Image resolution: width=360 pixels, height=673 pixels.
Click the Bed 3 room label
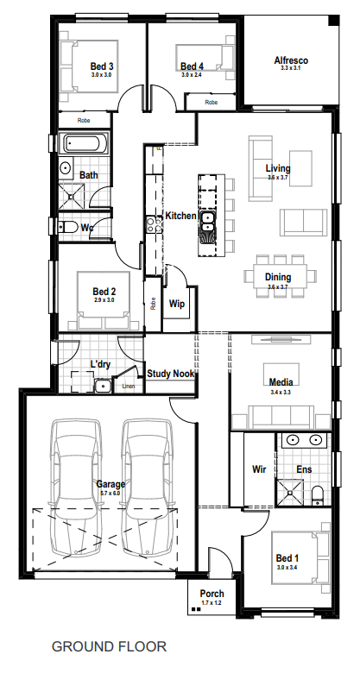point(102,66)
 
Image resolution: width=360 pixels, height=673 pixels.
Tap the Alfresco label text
point(291,60)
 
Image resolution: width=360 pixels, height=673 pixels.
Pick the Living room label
point(277,168)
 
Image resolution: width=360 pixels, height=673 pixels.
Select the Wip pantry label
point(177,305)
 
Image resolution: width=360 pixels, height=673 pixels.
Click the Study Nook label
point(170,374)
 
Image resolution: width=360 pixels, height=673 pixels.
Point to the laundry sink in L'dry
point(103,385)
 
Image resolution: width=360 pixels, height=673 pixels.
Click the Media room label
point(281,382)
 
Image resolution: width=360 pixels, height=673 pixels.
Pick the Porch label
point(212,594)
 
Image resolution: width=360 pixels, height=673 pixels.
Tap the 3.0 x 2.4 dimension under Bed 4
point(192,75)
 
